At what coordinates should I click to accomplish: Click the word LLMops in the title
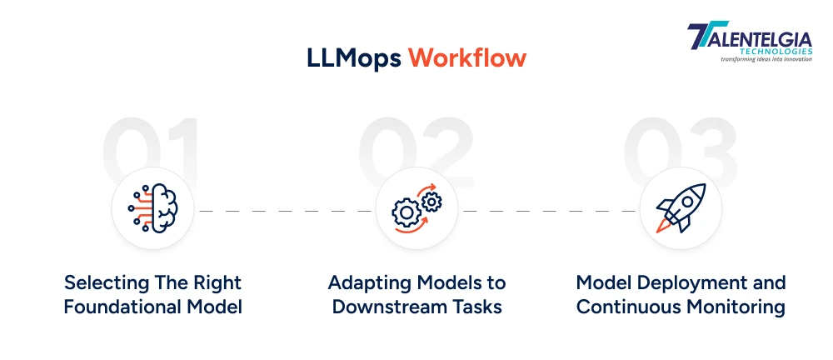point(352,59)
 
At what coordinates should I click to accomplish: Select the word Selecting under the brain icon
point(103,282)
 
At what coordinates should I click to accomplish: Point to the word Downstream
point(389,307)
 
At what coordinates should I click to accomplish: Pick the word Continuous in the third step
point(627,307)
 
